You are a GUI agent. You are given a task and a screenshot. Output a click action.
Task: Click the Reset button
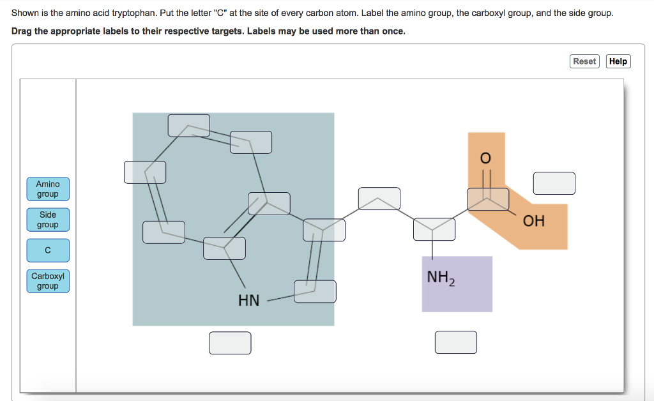tap(584, 61)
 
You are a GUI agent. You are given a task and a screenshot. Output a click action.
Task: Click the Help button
tap(618, 61)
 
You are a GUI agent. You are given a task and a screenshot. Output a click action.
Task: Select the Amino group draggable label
tap(48, 189)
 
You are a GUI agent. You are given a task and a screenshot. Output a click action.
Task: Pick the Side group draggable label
tap(48, 220)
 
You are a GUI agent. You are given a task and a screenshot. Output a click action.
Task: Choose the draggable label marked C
tap(48, 250)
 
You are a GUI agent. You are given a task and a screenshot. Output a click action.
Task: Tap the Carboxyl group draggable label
tap(48, 281)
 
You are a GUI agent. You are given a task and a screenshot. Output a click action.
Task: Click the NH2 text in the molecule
tap(441, 278)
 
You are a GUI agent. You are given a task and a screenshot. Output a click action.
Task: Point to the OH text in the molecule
tap(534, 221)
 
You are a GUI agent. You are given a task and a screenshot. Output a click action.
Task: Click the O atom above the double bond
tap(485, 158)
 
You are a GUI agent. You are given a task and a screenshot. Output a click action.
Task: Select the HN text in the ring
tap(248, 300)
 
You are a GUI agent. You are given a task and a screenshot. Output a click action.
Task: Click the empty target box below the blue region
tap(230, 343)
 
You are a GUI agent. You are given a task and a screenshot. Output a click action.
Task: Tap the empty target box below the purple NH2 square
tap(456, 342)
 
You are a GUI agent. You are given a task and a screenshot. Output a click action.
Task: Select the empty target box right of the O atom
tap(554, 183)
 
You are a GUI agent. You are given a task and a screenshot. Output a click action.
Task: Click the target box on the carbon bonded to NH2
tap(434, 229)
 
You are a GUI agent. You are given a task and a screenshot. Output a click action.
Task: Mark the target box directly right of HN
tap(315, 292)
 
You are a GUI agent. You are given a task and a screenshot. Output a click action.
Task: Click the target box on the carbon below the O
tap(488, 199)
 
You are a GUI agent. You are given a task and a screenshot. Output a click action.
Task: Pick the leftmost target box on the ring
tap(145, 172)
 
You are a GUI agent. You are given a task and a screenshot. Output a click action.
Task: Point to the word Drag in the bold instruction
tap(22, 31)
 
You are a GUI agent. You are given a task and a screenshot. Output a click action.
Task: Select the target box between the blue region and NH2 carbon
tap(379, 199)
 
